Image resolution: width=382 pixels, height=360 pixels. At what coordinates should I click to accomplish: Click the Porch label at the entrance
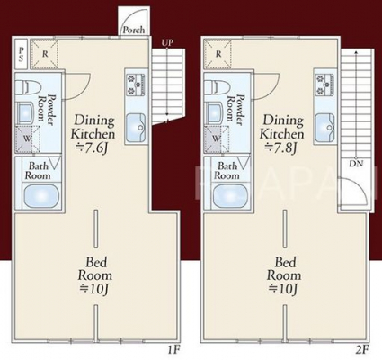click(134, 30)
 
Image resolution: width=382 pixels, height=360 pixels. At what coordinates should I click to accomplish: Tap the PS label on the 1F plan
click(21, 54)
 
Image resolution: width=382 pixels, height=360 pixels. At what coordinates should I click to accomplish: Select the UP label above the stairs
click(167, 43)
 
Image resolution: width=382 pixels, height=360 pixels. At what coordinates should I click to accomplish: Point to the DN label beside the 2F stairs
click(356, 164)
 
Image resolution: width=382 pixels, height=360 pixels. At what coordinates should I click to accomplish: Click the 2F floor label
click(362, 350)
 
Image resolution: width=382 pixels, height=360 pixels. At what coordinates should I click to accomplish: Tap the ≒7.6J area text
click(93, 148)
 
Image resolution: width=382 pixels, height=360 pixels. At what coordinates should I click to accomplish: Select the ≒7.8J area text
click(281, 148)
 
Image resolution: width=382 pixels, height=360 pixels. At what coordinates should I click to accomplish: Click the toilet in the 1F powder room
click(27, 87)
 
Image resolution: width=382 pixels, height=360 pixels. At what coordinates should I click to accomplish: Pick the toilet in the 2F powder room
click(216, 87)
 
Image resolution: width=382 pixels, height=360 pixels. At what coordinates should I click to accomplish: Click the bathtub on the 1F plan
click(41, 195)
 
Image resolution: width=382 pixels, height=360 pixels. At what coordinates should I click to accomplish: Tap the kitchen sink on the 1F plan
click(136, 128)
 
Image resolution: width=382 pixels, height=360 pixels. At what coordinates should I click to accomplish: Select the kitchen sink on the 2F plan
click(324, 128)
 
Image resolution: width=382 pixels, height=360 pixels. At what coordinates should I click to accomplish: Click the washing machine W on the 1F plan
click(28, 139)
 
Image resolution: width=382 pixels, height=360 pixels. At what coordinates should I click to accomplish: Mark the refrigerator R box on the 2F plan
click(218, 54)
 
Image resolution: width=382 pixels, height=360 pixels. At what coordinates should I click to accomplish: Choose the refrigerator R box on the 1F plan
click(44, 54)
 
